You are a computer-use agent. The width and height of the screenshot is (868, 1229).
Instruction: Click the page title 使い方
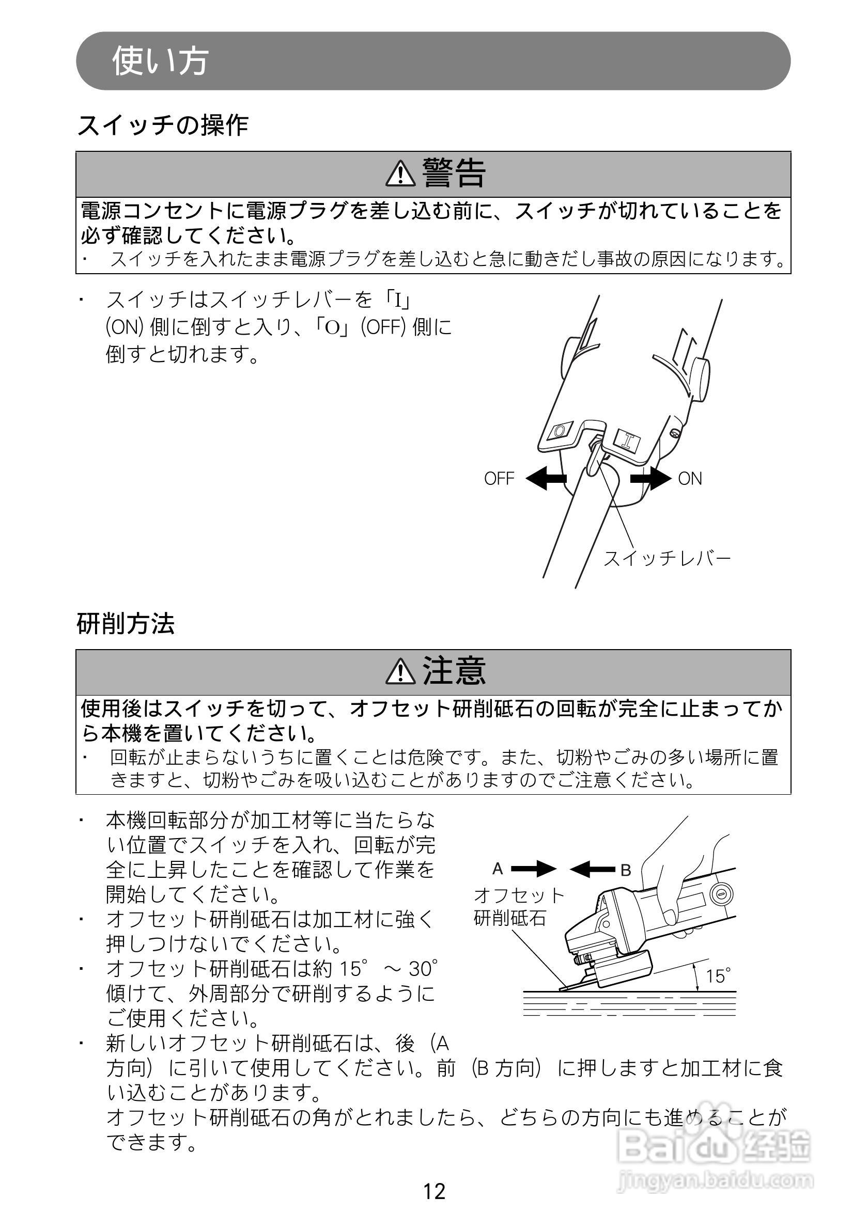[160, 60]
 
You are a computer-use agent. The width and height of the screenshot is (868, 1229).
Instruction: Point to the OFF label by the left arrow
[499, 479]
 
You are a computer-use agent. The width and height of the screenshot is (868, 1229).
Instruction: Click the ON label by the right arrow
[690, 479]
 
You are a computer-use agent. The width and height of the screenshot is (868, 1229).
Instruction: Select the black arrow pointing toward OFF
[546, 478]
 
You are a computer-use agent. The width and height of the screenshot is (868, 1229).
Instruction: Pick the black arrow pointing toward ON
[650, 478]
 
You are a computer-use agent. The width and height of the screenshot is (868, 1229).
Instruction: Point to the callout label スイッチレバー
[667, 559]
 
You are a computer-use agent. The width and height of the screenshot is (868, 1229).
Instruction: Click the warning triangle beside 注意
[400, 672]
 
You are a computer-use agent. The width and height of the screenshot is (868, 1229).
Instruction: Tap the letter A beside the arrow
[498, 869]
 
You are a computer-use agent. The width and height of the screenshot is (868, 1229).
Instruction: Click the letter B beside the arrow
[626, 870]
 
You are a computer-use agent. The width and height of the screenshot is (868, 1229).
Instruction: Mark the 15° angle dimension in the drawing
[718, 976]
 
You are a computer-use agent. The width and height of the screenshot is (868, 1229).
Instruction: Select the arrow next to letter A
[533, 869]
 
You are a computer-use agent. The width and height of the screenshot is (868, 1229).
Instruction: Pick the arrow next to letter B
[592, 869]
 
